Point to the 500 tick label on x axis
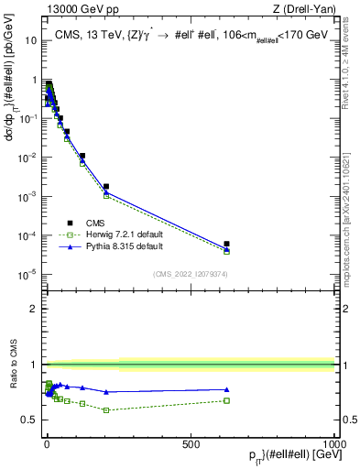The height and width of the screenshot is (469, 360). coord(190,443)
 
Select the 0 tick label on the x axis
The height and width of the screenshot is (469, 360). coord(47,443)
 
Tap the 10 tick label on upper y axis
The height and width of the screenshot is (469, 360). coord(29,41)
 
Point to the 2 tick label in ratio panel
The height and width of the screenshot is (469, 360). coord(32,309)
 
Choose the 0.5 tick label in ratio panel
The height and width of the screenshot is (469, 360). coord(28,420)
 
